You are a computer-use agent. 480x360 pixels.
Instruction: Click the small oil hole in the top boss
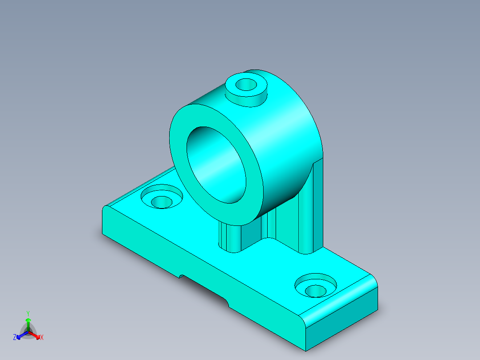(x=245, y=84)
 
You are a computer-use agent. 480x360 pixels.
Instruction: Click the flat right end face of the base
(x=343, y=321)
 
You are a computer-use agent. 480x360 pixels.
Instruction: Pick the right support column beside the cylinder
(x=312, y=209)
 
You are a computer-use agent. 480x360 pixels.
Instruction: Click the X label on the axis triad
(x=42, y=338)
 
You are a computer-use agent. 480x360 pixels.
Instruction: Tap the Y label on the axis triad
(x=28, y=313)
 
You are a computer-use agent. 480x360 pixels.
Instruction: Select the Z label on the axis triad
(x=15, y=338)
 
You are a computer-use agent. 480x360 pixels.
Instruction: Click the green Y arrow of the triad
(x=28, y=322)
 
